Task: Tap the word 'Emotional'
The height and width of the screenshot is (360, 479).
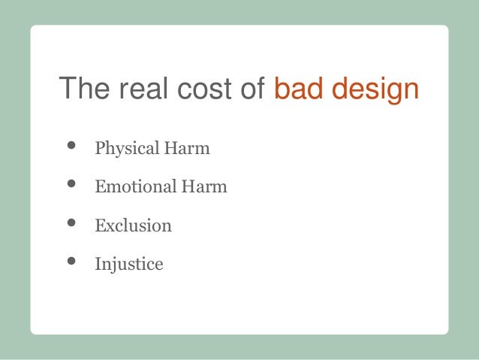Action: [x=131, y=186]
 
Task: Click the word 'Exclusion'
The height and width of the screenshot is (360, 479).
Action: [x=133, y=225]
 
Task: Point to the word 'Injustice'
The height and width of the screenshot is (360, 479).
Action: [x=128, y=265]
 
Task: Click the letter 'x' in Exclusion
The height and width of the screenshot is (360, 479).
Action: [x=108, y=225]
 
